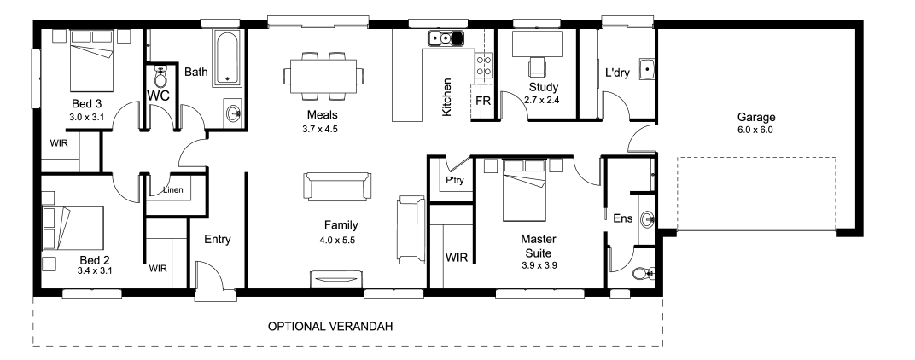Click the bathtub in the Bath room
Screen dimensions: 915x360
pyautogui.click(x=227, y=59)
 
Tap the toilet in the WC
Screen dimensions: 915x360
pyautogui.click(x=160, y=75)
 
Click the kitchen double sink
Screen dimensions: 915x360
pyautogui.click(x=446, y=38)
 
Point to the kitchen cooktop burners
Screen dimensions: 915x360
pyautogui.click(x=484, y=66)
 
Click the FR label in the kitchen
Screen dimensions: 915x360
pyautogui.click(x=483, y=101)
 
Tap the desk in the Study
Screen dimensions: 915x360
pyautogui.click(x=538, y=44)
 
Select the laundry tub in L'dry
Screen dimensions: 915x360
pyautogui.click(x=647, y=69)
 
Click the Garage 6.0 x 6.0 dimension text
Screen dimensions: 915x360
pyautogui.click(x=755, y=131)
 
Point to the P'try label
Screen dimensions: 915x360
pyautogui.click(x=455, y=180)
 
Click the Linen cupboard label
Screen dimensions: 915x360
pyautogui.click(x=172, y=189)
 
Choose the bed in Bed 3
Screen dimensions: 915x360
pyautogui.click(x=91, y=57)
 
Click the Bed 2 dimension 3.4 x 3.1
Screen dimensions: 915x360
pyautogui.click(x=95, y=270)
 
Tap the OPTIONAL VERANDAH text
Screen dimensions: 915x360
pyautogui.click(x=330, y=326)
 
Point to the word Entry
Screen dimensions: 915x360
pyautogui.click(x=218, y=239)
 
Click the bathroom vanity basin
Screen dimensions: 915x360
pyautogui.click(x=233, y=113)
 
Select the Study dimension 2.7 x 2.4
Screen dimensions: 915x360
pyautogui.click(x=542, y=100)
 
